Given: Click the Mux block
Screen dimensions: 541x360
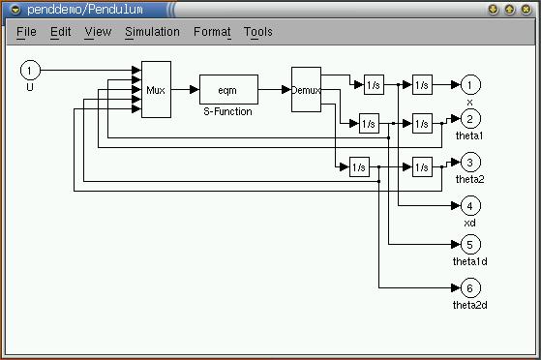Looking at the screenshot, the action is coord(156,89).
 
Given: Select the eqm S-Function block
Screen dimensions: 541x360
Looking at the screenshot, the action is coord(228,89).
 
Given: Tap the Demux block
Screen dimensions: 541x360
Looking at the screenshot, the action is coord(307,89).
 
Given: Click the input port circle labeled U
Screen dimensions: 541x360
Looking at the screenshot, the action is coord(30,70).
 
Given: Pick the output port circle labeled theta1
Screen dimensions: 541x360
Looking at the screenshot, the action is coord(470,119).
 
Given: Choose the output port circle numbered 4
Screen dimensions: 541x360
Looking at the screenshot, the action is coord(470,206).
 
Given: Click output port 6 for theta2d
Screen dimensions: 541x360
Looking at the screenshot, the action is coord(470,287).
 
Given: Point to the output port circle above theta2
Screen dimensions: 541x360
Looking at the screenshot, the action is coord(470,163).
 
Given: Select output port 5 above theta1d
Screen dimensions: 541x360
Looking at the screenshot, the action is coord(470,245).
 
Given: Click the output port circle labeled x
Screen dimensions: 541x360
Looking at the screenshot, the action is coord(470,84).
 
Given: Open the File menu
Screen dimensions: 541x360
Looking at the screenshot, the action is coord(26,32).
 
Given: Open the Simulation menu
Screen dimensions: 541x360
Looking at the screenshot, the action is coord(152,32).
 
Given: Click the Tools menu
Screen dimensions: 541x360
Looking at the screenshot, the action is coord(258,32).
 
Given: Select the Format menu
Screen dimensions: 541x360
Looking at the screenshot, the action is coord(212,32).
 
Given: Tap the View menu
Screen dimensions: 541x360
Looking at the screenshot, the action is coord(98,32).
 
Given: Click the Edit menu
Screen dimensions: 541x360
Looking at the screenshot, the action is coord(60,32).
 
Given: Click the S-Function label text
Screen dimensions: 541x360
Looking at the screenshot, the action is coord(227,111).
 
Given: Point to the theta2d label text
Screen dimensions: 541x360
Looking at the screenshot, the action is coord(470,305).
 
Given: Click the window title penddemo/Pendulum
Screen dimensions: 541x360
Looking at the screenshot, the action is coord(85,10).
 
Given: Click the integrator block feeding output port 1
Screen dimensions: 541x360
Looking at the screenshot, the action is coord(422,84).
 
